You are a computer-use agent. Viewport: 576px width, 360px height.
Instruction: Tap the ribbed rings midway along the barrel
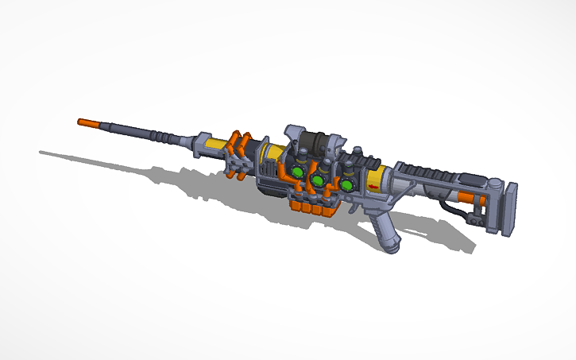coord(163,137)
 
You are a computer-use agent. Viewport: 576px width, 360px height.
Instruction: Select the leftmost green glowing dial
coord(295,172)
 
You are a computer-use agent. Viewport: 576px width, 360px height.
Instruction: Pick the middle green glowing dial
coord(318,181)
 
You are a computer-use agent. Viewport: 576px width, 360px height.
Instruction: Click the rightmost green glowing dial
coord(347,185)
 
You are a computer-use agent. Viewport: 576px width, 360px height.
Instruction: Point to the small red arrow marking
coord(373,188)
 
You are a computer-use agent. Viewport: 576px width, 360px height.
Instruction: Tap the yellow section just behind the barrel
coord(215,145)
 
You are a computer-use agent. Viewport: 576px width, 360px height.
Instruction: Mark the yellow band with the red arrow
coord(376,180)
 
